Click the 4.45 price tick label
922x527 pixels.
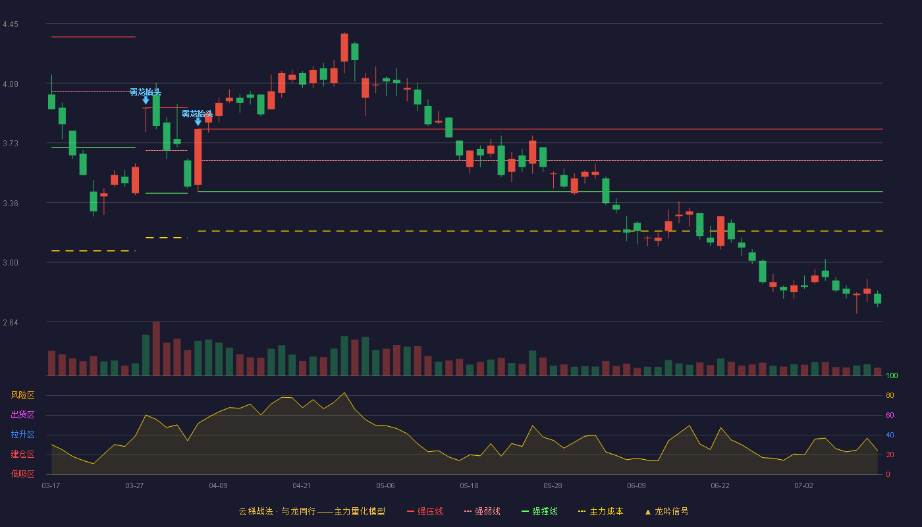11,24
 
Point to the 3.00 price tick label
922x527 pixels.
11,263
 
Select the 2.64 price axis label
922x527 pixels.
11,322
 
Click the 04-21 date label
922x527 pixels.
302,486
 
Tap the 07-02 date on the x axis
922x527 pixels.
803,486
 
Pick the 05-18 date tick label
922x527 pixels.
469,486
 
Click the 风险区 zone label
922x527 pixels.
22,395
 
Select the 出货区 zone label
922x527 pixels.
22,414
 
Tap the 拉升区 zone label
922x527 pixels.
22,434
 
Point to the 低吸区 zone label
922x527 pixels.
22,474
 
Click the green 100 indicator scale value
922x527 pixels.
892,375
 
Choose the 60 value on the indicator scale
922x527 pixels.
890,415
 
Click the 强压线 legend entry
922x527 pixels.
425,511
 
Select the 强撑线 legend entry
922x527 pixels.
539,511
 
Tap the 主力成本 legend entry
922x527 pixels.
601,511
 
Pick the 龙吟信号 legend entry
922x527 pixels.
666,511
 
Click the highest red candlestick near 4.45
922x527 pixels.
344,47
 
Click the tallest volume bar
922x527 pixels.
156,348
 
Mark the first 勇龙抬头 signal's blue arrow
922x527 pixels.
146,100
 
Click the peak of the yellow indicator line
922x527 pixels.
344,393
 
